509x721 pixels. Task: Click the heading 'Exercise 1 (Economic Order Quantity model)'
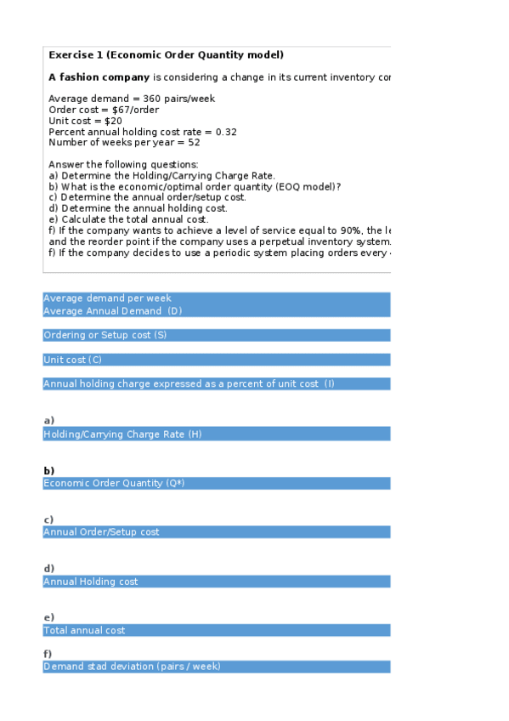(166, 55)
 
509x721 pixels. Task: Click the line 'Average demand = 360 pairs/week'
(132, 99)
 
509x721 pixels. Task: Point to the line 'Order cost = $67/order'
(103, 110)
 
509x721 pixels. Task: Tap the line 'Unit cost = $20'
(85, 121)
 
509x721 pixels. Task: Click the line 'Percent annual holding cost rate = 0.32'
(143, 132)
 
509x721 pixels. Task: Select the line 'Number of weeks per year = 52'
(120, 143)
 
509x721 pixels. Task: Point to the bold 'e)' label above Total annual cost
(48, 617)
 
